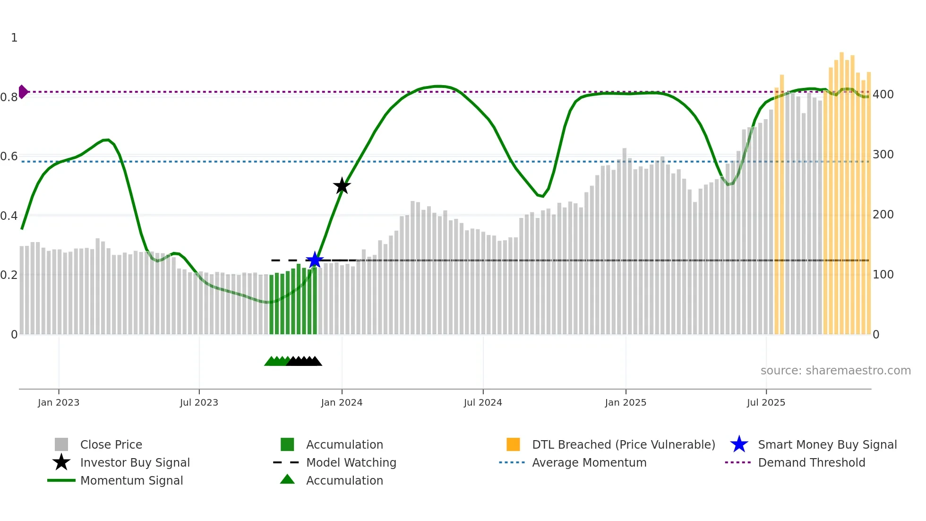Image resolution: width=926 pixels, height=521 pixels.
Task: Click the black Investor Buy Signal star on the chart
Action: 342,186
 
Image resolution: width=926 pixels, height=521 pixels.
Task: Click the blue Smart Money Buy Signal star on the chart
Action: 315,260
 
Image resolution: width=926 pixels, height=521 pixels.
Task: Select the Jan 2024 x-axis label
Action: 342,403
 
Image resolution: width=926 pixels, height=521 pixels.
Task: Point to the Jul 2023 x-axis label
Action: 199,403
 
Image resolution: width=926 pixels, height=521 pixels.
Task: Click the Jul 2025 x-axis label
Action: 766,403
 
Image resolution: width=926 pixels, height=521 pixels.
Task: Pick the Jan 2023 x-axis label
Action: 59,403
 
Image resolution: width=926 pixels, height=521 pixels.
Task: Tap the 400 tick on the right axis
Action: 883,95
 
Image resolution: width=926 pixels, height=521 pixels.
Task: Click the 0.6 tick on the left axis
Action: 9,156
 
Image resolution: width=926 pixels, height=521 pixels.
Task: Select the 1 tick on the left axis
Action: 14,38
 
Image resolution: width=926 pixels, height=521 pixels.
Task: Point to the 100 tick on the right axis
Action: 883,275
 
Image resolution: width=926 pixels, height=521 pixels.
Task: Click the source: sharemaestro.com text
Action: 835,371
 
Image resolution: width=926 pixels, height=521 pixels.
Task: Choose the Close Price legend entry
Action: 111,445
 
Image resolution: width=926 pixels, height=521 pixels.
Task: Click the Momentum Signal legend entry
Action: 131,481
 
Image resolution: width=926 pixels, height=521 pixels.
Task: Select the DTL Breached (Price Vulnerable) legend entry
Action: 623,445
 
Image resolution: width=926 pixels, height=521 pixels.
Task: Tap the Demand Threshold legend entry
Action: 811,463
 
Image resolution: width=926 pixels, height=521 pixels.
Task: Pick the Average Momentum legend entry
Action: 589,463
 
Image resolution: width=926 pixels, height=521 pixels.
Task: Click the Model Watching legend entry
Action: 351,463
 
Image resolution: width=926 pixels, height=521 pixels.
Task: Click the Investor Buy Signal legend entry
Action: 135,463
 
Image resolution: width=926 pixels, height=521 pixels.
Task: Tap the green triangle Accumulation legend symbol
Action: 287,480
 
